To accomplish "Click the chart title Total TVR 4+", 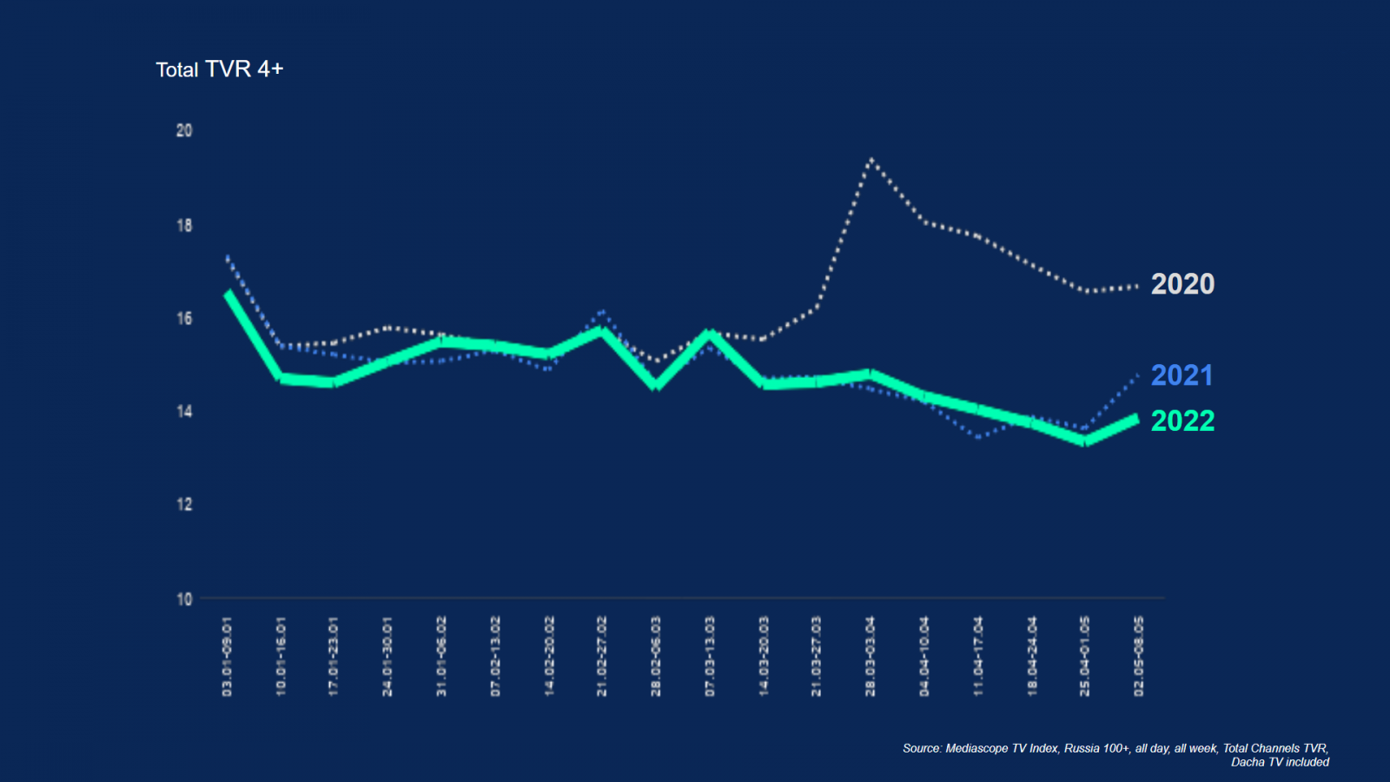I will coord(220,70).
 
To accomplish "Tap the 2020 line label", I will coord(1182,284).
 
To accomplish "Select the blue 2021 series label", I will coord(1181,375).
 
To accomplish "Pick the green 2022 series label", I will coord(1182,421).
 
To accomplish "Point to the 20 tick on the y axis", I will coord(184,130).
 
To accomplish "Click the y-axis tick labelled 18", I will coord(184,225).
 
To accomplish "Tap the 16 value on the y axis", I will coord(184,318).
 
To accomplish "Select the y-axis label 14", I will coord(184,411).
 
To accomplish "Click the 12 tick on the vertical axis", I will coord(184,504).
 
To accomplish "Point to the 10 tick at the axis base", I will coord(184,599).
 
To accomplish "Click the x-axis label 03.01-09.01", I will coord(228,657).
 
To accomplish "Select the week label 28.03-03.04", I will coord(870,657).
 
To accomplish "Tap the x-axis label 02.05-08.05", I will coord(1139,657).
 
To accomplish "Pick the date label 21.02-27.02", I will coord(602,657).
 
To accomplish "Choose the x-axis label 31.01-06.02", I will coord(441,657).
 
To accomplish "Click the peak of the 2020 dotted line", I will coord(870,160).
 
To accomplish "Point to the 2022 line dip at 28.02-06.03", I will coord(656,385).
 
